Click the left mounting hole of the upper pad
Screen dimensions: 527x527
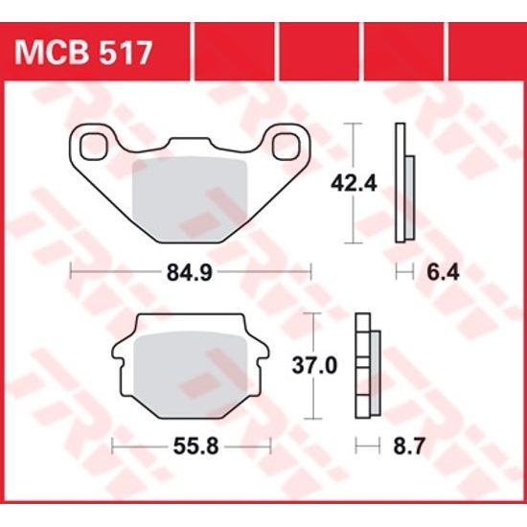[93, 146]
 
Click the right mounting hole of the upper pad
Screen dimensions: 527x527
[286, 146]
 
